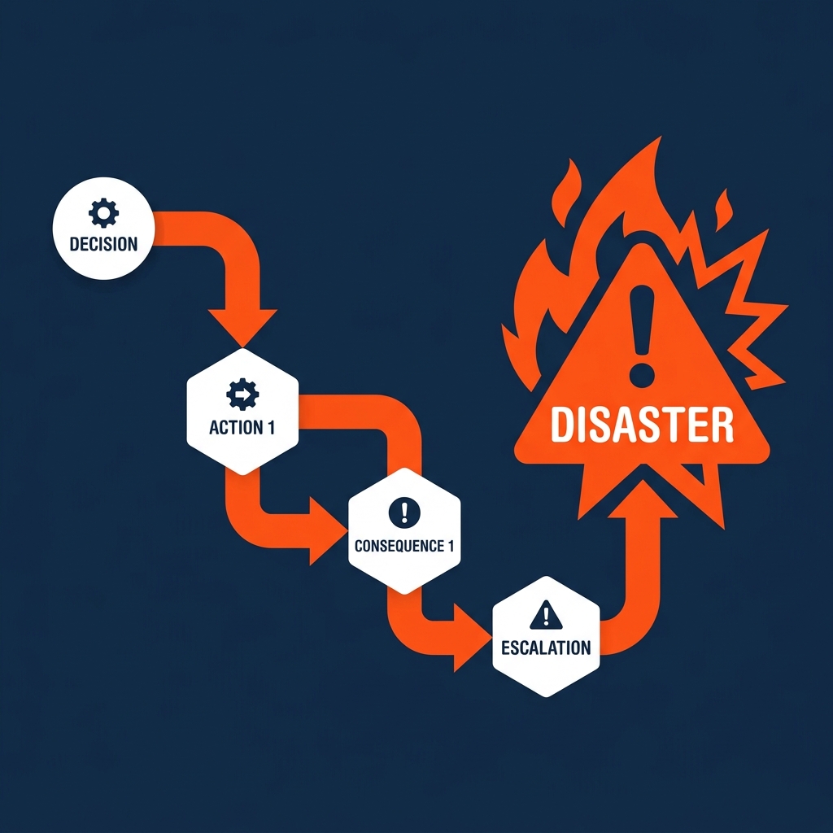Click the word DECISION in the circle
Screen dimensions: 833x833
point(103,243)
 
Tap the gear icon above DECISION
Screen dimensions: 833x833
point(103,213)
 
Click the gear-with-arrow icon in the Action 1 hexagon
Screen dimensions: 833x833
point(242,395)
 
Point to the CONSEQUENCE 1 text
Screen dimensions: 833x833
point(404,546)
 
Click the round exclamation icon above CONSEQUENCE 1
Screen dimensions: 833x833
point(404,512)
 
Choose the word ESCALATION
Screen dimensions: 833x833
point(546,648)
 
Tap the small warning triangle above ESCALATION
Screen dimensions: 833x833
point(546,616)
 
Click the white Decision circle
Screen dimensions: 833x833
point(103,228)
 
